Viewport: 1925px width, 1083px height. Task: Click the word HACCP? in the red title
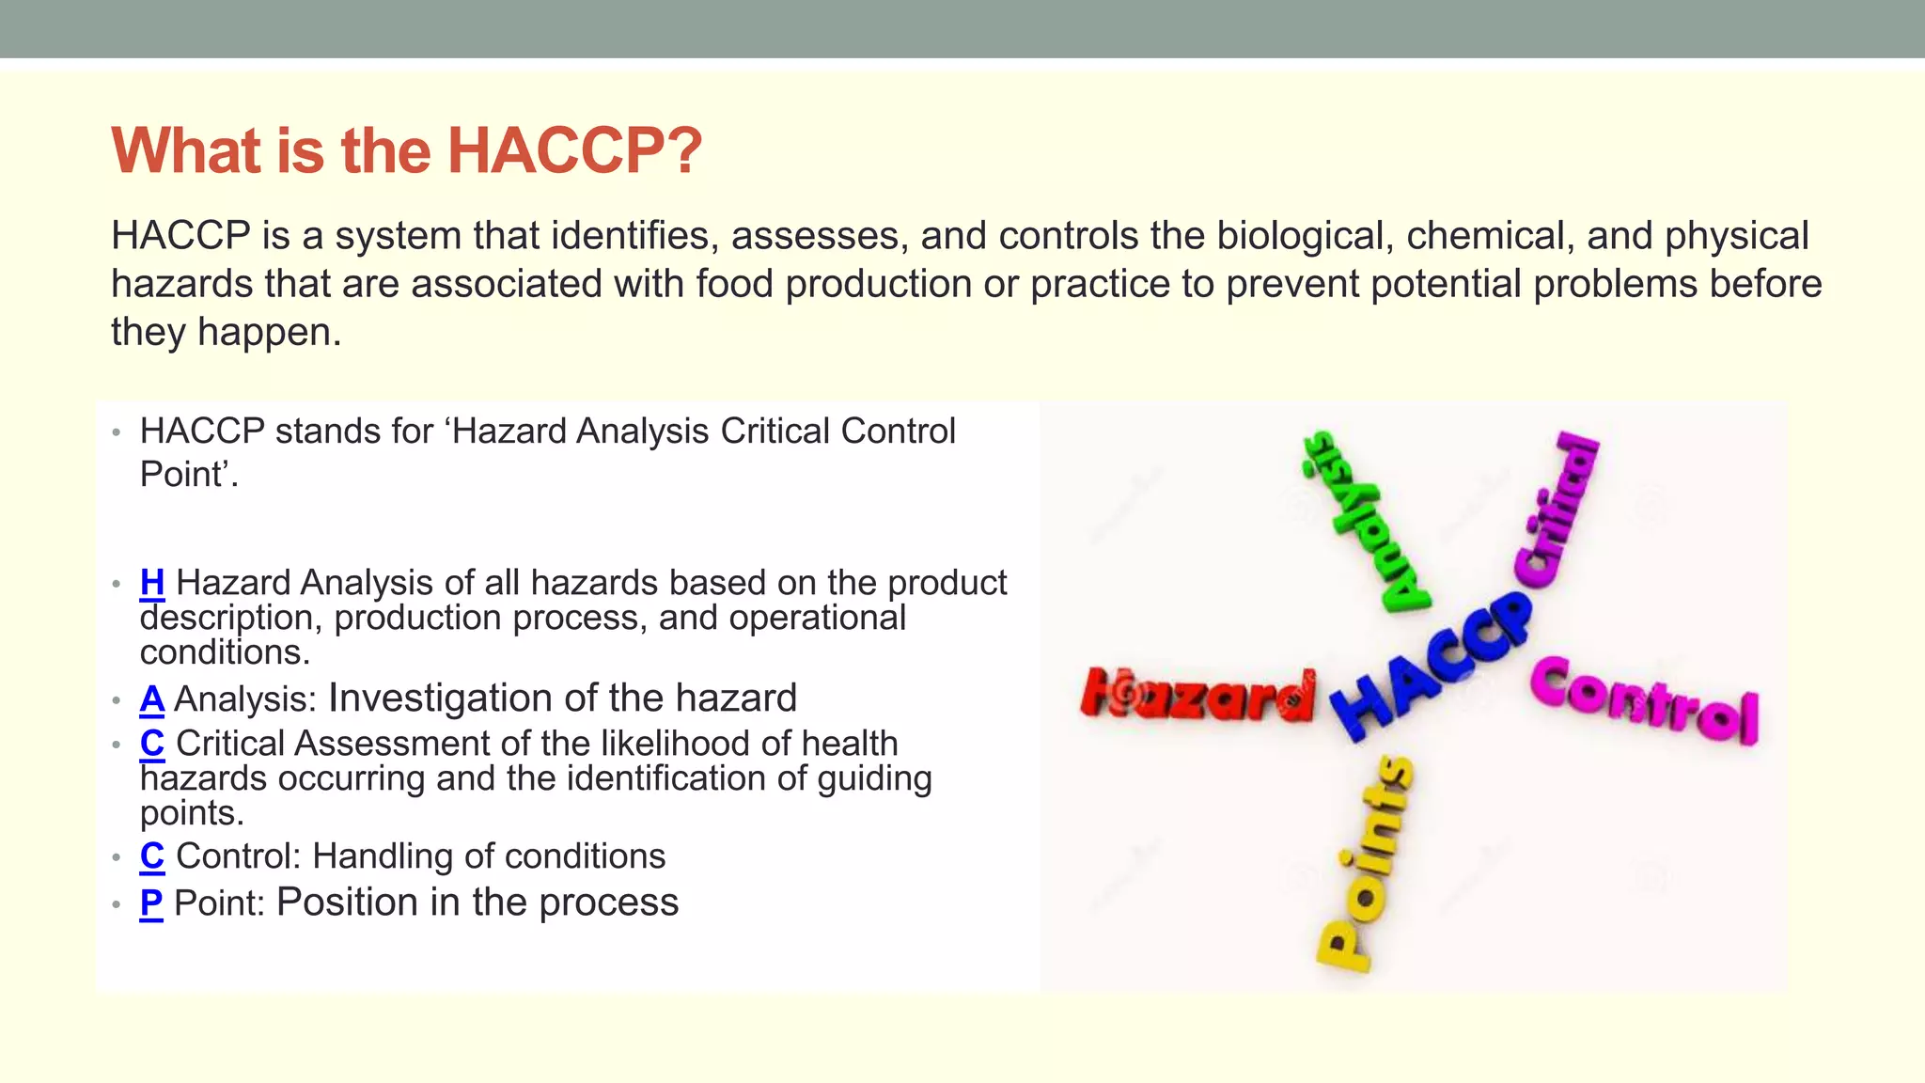(573, 150)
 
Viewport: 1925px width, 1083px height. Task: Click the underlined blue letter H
(152, 583)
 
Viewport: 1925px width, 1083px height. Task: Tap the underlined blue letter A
(152, 699)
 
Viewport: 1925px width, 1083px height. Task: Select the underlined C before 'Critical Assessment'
(152, 744)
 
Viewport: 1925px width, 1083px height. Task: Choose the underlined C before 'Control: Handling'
(152, 856)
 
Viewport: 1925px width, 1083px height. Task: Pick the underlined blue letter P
(151, 902)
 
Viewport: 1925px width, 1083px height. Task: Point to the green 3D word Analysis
(1361, 523)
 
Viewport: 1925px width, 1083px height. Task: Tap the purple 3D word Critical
(1557, 511)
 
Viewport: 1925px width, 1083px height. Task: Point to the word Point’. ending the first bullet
(189, 474)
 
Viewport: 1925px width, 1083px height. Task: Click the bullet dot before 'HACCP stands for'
(117, 433)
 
